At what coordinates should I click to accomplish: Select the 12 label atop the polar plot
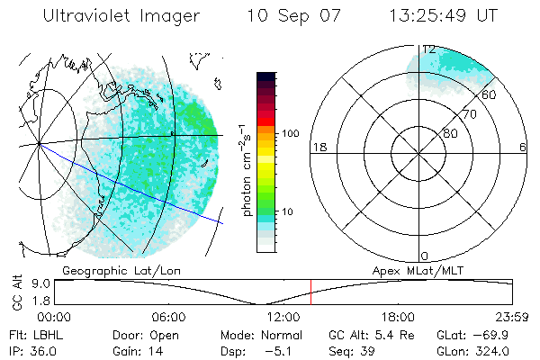click(429, 49)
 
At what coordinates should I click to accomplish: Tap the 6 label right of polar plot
click(523, 148)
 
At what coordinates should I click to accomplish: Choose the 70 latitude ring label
click(469, 115)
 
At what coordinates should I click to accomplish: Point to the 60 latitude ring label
click(489, 94)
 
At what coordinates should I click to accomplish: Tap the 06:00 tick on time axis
click(169, 318)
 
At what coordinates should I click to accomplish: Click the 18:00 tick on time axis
click(398, 318)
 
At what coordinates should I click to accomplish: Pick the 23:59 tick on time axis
click(511, 318)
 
